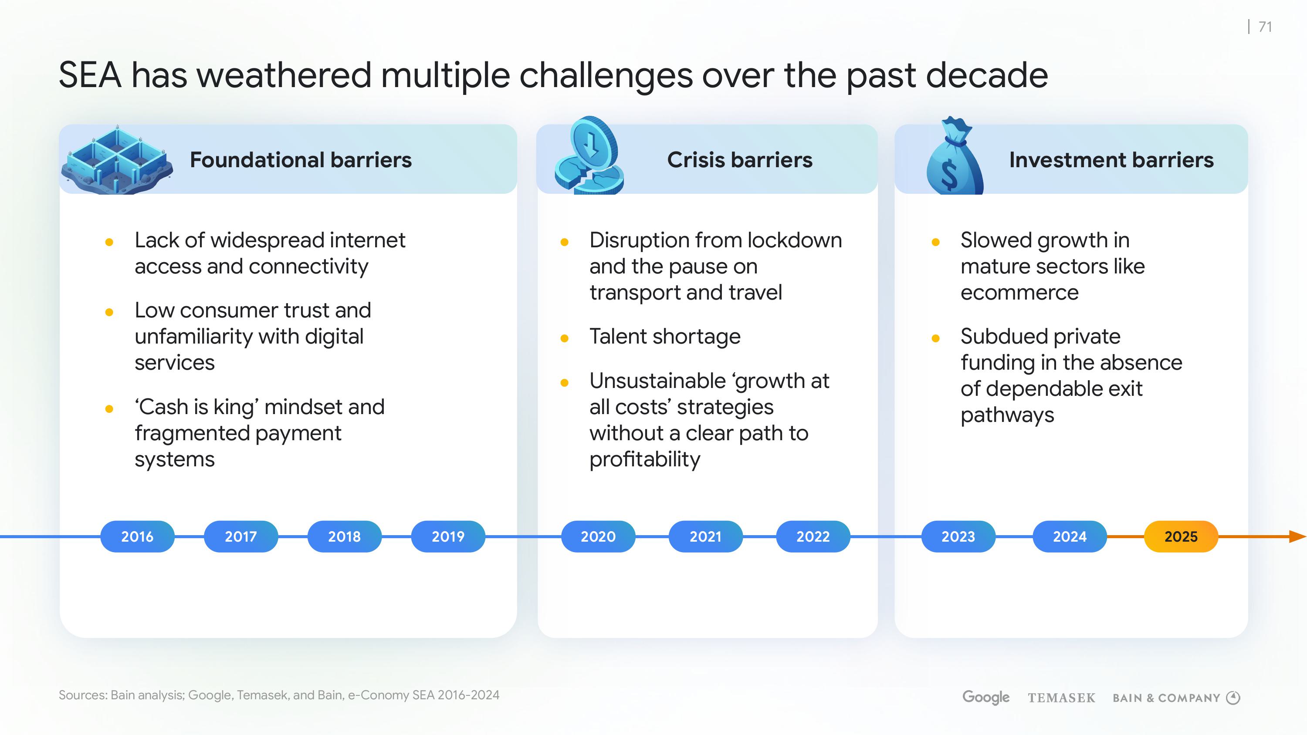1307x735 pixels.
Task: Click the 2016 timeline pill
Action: tap(137, 536)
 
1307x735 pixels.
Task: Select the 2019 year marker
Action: tap(447, 536)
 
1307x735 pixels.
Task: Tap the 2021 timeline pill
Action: tap(705, 536)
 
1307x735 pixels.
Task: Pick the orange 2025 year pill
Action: tap(1181, 536)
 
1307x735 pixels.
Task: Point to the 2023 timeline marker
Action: tap(958, 536)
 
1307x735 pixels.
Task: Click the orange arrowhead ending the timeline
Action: tap(1298, 536)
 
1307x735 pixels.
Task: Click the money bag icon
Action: tap(954, 156)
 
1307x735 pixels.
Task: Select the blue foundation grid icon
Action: tap(117, 159)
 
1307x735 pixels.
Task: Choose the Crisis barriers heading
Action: tap(740, 160)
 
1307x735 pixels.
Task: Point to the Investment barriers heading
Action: tap(1111, 160)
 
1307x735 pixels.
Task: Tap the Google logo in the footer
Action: tap(986, 697)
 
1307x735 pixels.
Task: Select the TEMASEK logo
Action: tap(1061, 698)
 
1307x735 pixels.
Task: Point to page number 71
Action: tap(1266, 27)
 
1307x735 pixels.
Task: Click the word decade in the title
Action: tap(987, 75)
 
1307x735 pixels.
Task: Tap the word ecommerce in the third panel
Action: tap(1019, 293)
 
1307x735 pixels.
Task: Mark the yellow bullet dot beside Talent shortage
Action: tap(564, 338)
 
